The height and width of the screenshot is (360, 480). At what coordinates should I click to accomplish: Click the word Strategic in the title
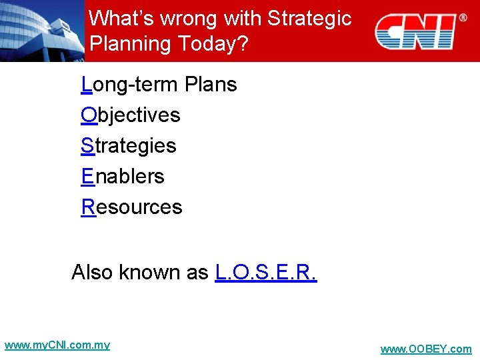click(x=309, y=18)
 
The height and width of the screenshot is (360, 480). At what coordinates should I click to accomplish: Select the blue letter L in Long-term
click(x=86, y=85)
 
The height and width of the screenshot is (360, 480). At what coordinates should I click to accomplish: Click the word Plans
click(x=211, y=85)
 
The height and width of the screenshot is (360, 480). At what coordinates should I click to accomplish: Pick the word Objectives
click(x=131, y=115)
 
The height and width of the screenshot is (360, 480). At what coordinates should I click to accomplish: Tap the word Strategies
click(x=129, y=146)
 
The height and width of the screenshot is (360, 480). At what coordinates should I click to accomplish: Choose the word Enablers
click(x=123, y=177)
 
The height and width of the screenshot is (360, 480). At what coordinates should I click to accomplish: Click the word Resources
click(x=131, y=207)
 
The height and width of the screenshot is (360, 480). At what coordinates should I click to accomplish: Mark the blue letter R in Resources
click(x=88, y=207)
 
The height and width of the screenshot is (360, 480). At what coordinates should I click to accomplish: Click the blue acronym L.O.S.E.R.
click(x=266, y=273)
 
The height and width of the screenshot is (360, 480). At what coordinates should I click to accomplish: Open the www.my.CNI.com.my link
click(x=57, y=345)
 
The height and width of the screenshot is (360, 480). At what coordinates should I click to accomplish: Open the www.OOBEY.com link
click(x=425, y=349)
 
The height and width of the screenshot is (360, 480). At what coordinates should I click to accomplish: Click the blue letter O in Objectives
click(x=89, y=115)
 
